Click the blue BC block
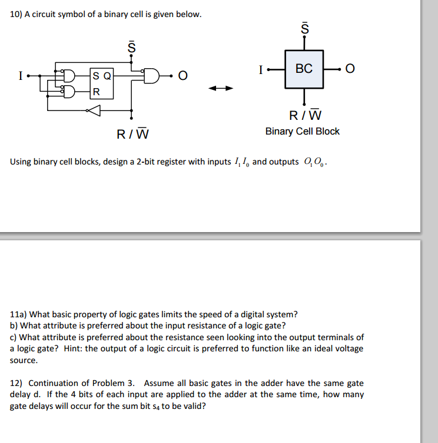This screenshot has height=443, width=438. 304,69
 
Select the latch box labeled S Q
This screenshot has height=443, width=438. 101,83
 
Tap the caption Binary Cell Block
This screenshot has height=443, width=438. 302,131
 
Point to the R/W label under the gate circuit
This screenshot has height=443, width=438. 132,135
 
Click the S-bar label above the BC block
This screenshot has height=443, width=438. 304,27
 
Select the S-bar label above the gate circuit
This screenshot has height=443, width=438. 132,46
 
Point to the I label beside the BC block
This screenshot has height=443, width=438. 260,69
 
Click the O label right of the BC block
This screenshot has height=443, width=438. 351,69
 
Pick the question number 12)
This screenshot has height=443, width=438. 17,383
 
